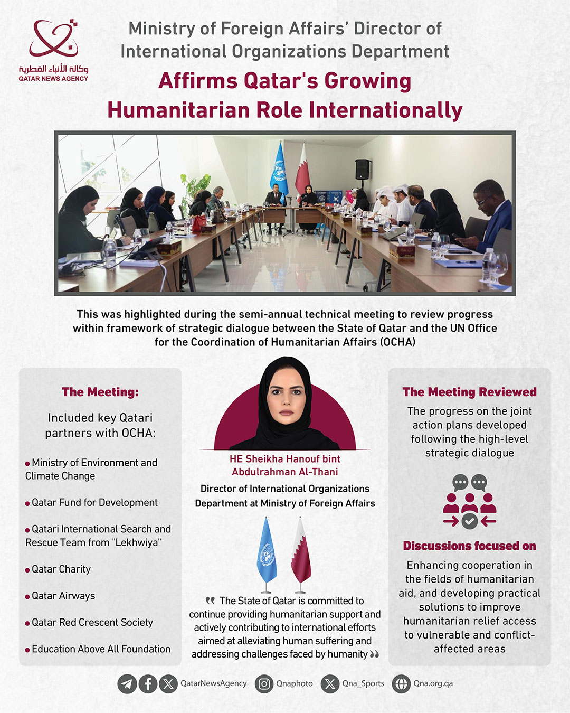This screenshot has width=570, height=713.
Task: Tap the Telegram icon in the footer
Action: tap(127, 684)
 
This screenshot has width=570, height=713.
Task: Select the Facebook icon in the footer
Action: tap(148, 684)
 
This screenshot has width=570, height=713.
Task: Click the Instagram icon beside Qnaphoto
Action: tap(264, 684)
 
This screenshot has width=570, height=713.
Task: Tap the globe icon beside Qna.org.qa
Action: tap(401, 684)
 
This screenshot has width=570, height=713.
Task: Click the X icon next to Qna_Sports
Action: tap(330, 684)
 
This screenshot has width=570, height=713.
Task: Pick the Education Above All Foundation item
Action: tap(101, 649)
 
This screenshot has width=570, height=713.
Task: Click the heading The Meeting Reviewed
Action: tap(469, 392)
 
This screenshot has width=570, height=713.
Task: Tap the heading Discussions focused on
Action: tap(469, 546)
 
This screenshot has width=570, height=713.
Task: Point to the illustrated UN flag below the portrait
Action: tap(267, 552)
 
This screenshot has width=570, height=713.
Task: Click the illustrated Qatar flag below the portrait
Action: tap(301, 552)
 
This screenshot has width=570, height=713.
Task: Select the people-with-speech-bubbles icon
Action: tap(469, 501)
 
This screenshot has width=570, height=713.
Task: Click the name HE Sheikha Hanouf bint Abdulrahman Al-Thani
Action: tap(285, 465)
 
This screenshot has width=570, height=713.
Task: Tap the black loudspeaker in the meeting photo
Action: tap(363, 169)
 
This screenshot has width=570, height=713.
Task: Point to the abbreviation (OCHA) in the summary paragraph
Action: tap(397, 342)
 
